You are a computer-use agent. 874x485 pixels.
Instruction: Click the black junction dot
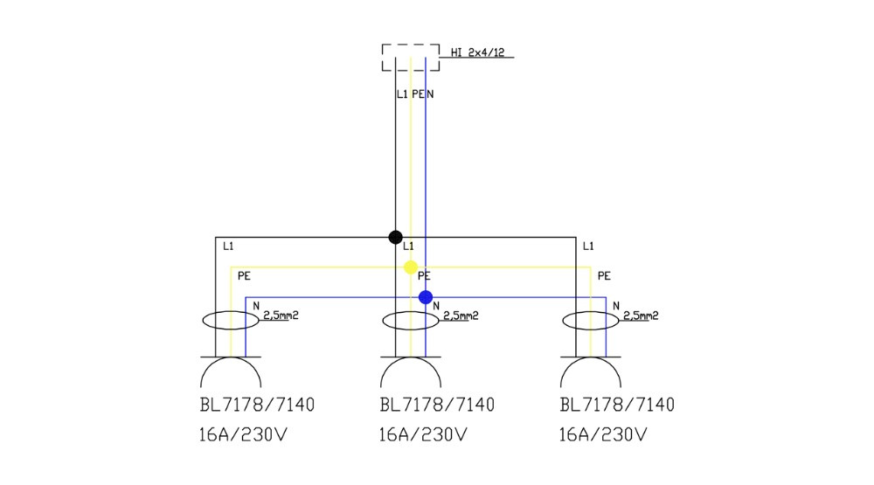pyautogui.click(x=395, y=237)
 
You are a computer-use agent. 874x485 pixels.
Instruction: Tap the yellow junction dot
pyautogui.click(x=411, y=267)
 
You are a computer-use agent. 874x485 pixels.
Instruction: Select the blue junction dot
pyautogui.click(x=426, y=297)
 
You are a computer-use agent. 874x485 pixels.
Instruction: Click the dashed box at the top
pyautogui.click(x=410, y=58)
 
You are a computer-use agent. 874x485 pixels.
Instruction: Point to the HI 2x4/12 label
pyautogui.click(x=477, y=52)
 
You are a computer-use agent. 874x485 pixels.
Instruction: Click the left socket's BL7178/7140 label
pyautogui.click(x=256, y=405)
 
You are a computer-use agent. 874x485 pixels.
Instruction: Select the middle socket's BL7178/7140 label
pyautogui.click(x=437, y=405)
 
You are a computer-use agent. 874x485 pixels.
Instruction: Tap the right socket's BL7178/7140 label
pyautogui.click(x=617, y=405)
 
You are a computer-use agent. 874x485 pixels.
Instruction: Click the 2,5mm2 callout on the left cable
pyautogui.click(x=281, y=315)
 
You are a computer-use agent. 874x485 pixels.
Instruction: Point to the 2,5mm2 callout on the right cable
pyautogui.click(x=641, y=315)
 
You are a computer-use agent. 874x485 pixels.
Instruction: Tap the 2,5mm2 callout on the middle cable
pyautogui.click(x=461, y=315)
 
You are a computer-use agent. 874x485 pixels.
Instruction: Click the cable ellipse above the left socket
pyautogui.click(x=231, y=321)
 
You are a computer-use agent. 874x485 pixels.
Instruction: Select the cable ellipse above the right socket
pyautogui.click(x=591, y=321)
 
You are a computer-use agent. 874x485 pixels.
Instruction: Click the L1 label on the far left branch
pyautogui.click(x=228, y=246)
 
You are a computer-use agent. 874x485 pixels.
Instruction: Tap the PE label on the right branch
pyautogui.click(x=604, y=276)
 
